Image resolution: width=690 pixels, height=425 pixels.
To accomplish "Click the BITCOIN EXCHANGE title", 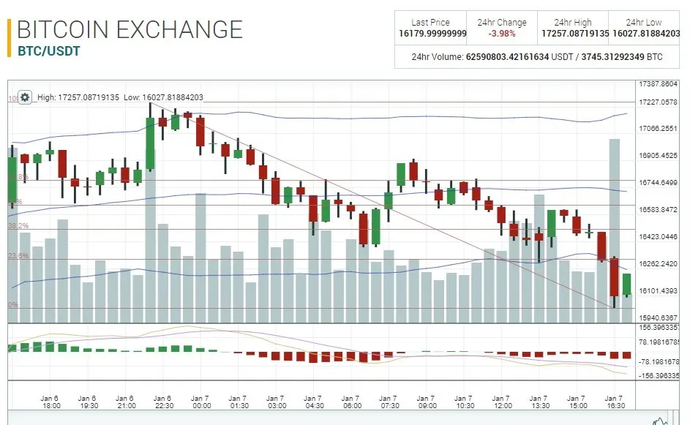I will [130, 29].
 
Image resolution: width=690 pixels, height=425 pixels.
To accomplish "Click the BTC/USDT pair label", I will [48, 51].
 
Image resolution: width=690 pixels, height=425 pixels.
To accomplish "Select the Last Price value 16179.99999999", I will [432, 34].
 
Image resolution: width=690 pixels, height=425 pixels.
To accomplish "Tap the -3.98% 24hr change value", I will [502, 34].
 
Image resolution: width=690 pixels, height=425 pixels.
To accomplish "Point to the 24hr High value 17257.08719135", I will [574, 34].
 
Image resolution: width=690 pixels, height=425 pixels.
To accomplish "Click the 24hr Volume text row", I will [537, 56].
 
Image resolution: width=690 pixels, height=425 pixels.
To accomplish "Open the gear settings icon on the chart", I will [25, 97].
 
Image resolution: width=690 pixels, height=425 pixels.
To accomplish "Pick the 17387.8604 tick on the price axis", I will [659, 84].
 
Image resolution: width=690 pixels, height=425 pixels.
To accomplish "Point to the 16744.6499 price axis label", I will [659, 183].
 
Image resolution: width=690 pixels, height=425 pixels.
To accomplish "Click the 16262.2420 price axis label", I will [659, 264].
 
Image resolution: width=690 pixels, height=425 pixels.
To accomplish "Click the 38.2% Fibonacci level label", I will [18, 226].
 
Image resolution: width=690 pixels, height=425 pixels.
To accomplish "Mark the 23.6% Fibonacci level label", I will [18, 256].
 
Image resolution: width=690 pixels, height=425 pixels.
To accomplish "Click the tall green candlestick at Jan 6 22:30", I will [150, 143].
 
